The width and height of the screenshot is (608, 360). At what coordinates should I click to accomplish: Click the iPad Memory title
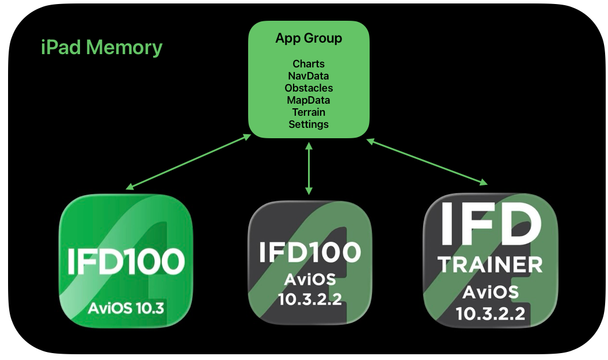[x=102, y=47]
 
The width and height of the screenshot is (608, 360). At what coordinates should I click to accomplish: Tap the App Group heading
[x=309, y=39]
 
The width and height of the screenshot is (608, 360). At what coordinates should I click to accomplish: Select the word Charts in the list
[x=309, y=64]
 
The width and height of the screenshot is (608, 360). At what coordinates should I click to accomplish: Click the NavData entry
[x=309, y=76]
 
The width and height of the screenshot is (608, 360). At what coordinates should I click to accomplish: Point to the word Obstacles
[x=309, y=88]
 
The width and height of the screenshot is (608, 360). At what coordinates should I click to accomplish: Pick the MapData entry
[x=309, y=100]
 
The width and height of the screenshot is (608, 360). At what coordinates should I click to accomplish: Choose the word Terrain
[x=309, y=112]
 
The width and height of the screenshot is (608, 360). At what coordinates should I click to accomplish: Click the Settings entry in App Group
[x=309, y=124]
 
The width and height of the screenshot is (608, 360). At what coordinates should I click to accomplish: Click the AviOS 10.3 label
[x=126, y=308]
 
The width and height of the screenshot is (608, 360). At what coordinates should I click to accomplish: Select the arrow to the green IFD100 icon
[x=189, y=162]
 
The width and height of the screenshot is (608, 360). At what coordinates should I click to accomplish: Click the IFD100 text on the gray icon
[x=310, y=252]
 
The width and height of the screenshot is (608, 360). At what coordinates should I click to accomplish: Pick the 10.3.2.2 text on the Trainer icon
[x=490, y=313]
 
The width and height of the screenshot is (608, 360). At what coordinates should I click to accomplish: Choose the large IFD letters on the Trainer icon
[x=490, y=224]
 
